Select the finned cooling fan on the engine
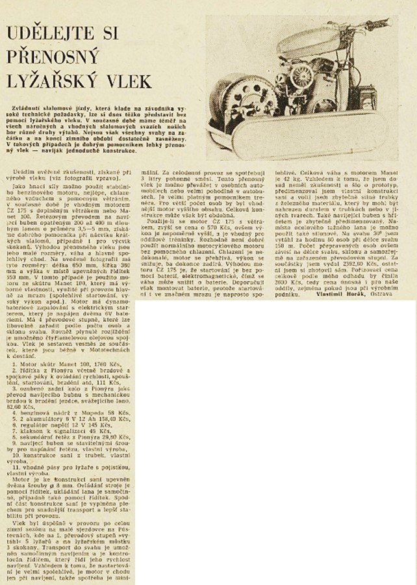[303, 78]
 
